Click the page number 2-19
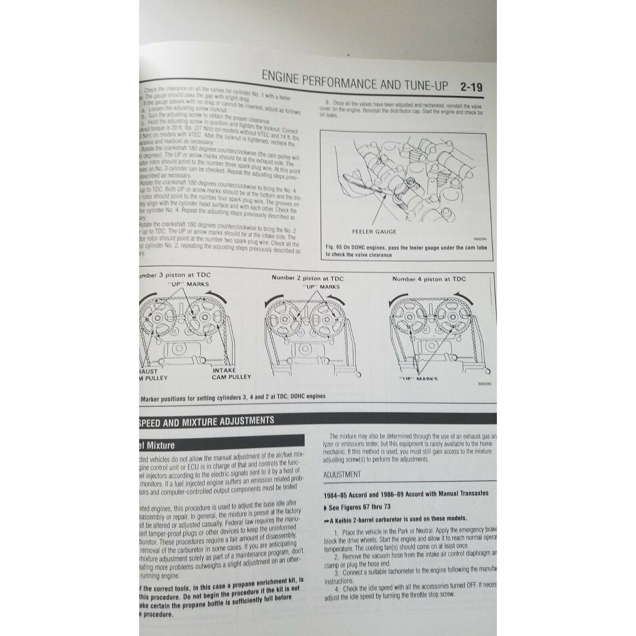pos(471,87)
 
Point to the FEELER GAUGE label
pos(374,232)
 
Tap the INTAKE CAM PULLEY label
pos(231,373)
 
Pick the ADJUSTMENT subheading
pos(342,474)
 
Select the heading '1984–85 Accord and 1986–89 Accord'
pos(405,493)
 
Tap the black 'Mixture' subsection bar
pos(220,445)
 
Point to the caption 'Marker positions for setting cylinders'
pos(233,396)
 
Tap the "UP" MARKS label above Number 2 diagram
pos(321,287)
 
